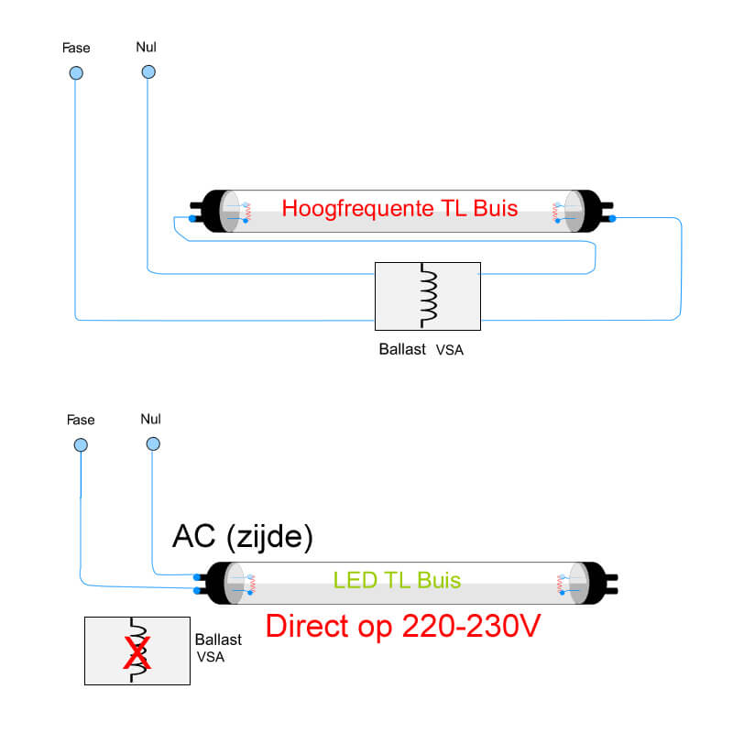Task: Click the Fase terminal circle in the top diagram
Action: pyautogui.click(x=76, y=72)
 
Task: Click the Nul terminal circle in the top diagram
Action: pyautogui.click(x=147, y=72)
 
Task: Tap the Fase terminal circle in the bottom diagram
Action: pyautogui.click(x=81, y=445)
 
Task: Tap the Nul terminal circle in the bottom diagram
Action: pyautogui.click(x=151, y=445)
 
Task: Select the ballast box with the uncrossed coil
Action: pyautogui.click(x=427, y=296)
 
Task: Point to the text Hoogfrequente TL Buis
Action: pyautogui.click(x=399, y=208)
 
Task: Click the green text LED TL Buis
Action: pyautogui.click(x=397, y=580)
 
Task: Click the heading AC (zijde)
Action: pyautogui.click(x=243, y=538)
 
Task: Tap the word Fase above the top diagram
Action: pyautogui.click(x=76, y=47)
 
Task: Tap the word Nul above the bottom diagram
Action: pyautogui.click(x=151, y=419)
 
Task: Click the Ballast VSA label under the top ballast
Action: pyautogui.click(x=421, y=349)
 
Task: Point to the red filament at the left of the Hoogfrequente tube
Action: pyautogui.click(x=246, y=212)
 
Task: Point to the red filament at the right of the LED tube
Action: pyautogui.click(x=560, y=583)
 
